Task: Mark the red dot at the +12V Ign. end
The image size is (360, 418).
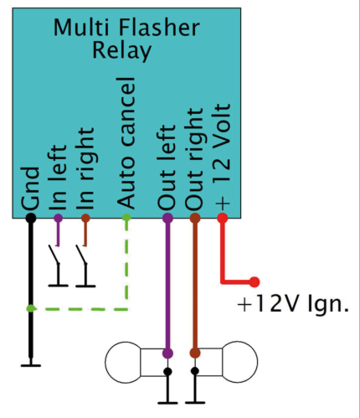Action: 255,282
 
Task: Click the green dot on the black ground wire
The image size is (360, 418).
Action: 30,309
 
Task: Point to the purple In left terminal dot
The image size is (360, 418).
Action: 57,219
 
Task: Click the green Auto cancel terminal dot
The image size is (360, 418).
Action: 126,219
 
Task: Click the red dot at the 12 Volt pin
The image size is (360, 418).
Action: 223,219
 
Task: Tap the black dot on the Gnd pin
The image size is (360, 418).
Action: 30,219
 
